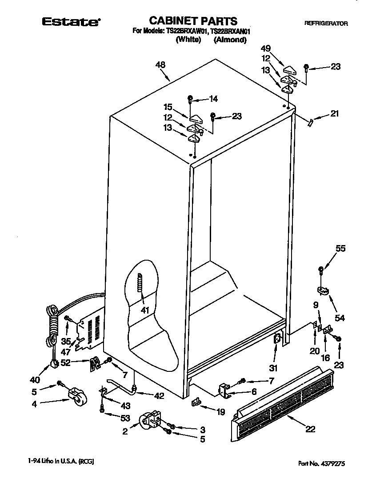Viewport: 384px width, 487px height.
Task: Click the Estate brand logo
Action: (x=71, y=21)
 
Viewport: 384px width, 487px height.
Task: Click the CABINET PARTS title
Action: (x=192, y=21)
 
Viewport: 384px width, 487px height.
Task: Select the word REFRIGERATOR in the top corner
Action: (x=326, y=23)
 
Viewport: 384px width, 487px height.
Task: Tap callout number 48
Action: (x=160, y=65)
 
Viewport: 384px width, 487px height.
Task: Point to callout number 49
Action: (x=266, y=48)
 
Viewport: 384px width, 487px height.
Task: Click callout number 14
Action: (x=214, y=99)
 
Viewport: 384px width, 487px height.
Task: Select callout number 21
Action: (x=334, y=113)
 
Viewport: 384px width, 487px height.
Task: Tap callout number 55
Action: (x=340, y=249)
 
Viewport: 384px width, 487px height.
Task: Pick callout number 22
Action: (x=310, y=429)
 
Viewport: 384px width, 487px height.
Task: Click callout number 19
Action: (x=220, y=412)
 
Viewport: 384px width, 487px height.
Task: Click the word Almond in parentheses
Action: (x=230, y=40)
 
